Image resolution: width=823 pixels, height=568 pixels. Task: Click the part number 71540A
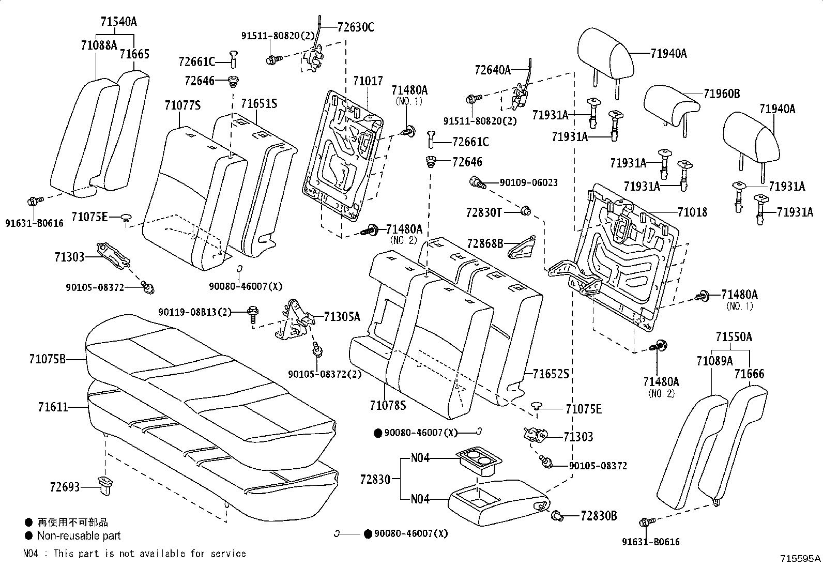pos(119,22)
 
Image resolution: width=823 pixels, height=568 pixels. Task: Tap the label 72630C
pos(355,27)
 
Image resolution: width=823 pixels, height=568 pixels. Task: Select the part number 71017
pos(368,81)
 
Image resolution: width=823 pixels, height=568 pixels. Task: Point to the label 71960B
pos(721,94)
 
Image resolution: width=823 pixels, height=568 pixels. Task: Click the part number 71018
pos(692,212)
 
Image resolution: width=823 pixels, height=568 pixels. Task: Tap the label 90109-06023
pos(528,182)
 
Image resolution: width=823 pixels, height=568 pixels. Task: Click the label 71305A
pos(342,317)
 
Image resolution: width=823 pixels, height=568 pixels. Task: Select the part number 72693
pos(65,487)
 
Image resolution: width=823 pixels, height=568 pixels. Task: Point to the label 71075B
pos(48,358)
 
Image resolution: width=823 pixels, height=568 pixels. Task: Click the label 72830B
pos(599,516)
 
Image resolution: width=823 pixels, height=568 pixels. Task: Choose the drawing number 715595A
pos(800,559)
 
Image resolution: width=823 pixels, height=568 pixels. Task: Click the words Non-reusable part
pos(79,536)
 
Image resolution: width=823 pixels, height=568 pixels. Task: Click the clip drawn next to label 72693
pos(106,486)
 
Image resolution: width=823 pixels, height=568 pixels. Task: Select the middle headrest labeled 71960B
pos(671,106)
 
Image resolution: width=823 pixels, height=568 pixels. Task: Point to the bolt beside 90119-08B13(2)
pos(253,313)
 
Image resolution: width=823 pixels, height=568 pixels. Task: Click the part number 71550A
pos(734,337)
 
